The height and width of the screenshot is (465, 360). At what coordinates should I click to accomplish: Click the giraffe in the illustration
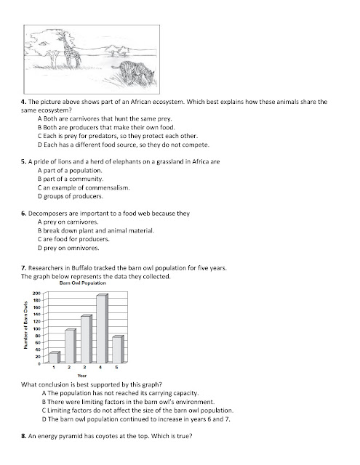[71, 51]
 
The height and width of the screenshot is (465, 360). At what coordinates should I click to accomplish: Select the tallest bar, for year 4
[103, 328]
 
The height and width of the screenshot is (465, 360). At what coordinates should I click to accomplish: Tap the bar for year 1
[55, 357]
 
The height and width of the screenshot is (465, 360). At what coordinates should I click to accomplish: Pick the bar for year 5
[118, 349]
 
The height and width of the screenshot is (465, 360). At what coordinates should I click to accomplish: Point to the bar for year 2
[71, 346]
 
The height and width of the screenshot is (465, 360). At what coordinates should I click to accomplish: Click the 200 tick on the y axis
[36, 294]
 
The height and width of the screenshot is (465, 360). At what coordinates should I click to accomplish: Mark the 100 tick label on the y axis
[36, 328]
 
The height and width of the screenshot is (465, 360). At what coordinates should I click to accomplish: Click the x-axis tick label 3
[84, 368]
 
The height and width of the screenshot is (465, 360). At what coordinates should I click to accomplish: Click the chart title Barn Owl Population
[82, 283]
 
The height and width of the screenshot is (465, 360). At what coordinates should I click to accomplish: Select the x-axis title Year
[82, 376]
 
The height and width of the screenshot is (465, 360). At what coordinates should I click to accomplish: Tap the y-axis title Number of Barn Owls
[25, 325]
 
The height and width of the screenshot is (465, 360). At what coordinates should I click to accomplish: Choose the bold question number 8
[24, 436]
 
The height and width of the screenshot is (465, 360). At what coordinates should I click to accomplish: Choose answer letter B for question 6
[40, 231]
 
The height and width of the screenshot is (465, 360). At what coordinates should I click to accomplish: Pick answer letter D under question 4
[40, 145]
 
